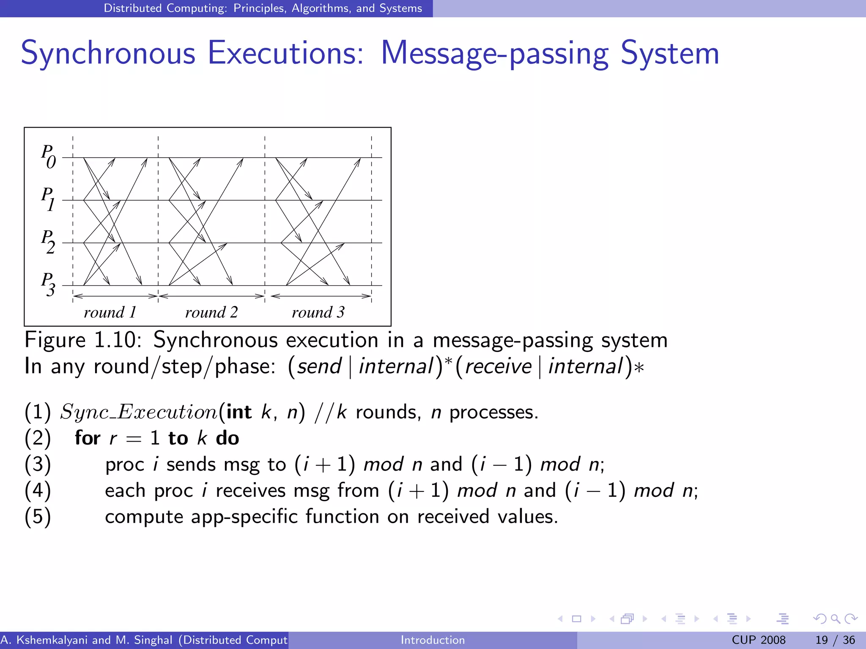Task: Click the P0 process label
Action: [x=48, y=156]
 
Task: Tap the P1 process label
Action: [x=48, y=199]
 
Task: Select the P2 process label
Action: [x=48, y=242]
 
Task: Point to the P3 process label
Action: [x=48, y=284]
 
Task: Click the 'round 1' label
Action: [x=110, y=313]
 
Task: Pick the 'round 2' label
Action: [x=211, y=313]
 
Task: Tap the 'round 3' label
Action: [x=318, y=313]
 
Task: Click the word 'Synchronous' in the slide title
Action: [x=108, y=54]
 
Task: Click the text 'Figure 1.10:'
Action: [x=83, y=340]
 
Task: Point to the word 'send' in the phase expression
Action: [x=319, y=366]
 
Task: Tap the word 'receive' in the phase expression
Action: [x=498, y=366]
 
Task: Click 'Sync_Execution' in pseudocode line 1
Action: [x=139, y=412]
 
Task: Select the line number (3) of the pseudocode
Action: [x=38, y=464]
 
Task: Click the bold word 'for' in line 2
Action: [x=88, y=438]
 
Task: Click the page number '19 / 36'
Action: [x=835, y=640]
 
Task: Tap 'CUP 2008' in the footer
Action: [x=759, y=640]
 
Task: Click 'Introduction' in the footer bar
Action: [x=433, y=640]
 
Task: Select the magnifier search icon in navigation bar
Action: [x=835, y=619]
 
